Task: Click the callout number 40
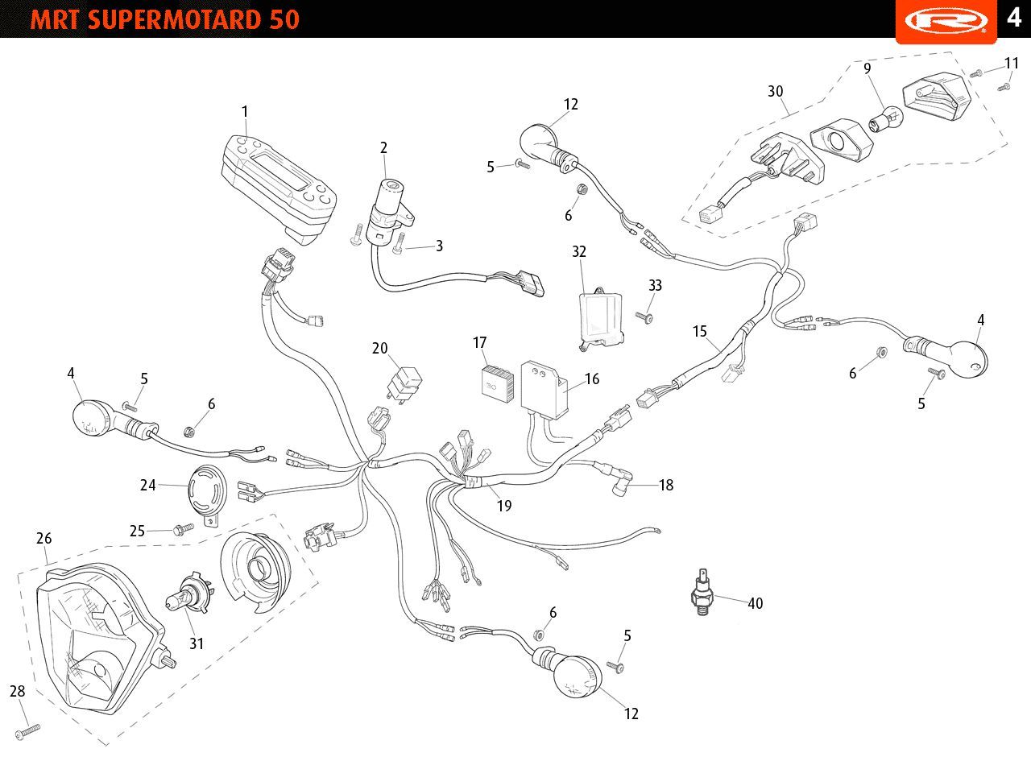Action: coord(756,603)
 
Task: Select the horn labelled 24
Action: coord(208,494)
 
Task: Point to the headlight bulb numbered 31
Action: coord(189,596)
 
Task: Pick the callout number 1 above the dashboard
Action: coord(245,111)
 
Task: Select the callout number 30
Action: coord(776,91)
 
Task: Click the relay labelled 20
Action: coord(404,383)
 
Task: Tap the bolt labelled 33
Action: coord(644,317)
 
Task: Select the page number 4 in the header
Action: coord(1014,18)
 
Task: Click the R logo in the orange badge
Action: coord(946,21)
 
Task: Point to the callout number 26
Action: coord(44,538)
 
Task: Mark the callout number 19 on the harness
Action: coord(504,506)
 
